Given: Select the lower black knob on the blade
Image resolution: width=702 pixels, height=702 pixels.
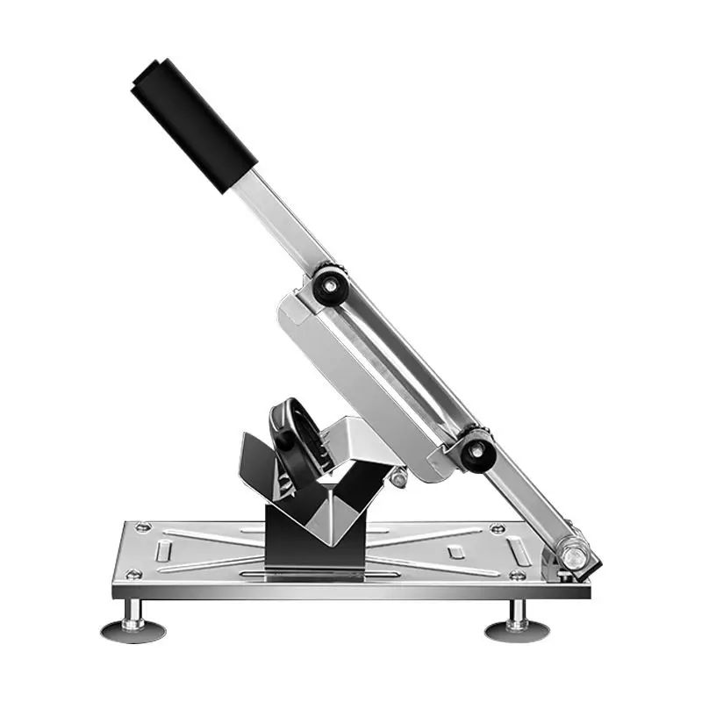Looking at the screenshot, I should pyautogui.click(x=476, y=449).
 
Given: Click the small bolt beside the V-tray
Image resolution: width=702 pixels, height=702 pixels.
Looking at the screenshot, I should pyautogui.click(x=399, y=479).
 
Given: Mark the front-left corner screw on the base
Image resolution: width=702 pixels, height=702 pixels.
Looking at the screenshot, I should pyautogui.click(x=133, y=575).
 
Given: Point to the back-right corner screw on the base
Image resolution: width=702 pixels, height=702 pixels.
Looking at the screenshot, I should pyautogui.click(x=498, y=528).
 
